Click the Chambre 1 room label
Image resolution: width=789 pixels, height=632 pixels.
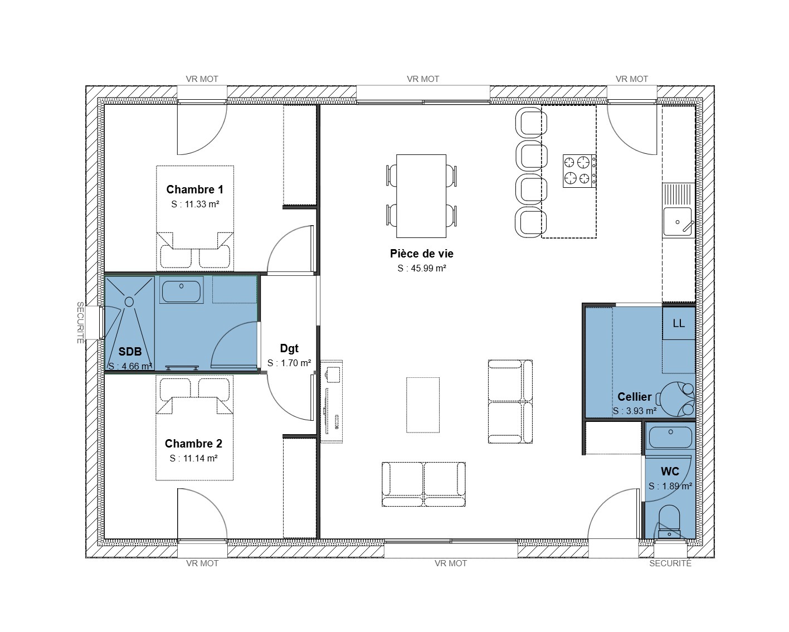pyautogui.click(x=194, y=189)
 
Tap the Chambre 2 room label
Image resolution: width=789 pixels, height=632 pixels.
pyautogui.click(x=193, y=444)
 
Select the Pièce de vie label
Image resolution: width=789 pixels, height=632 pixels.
pyautogui.click(x=422, y=254)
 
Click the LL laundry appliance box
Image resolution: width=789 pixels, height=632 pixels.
pyautogui.click(x=679, y=323)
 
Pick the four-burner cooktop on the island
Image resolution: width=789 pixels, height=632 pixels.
pyautogui.click(x=579, y=171)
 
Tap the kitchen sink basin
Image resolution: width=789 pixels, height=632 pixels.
pyautogui.click(x=678, y=222)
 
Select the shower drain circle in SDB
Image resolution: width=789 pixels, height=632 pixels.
pyautogui.click(x=129, y=302)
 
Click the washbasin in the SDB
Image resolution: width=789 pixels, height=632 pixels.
pyautogui.click(x=182, y=291)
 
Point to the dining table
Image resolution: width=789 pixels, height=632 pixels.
pyautogui.click(x=421, y=196)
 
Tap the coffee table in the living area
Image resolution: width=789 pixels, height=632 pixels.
pyautogui.click(x=423, y=405)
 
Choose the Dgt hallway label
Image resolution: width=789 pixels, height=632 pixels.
pyautogui.click(x=289, y=348)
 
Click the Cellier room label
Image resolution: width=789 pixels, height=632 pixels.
pyautogui.click(x=635, y=396)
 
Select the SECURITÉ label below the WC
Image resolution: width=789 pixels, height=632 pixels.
pyautogui.click(x=670, y=563)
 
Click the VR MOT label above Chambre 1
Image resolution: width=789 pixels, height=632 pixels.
pyautogui.click(x=202, y=79)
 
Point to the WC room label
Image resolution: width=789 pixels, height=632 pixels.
pyautogui.click(x=670, y=471)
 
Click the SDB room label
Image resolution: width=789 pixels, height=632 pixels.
pyautogui.click(x=130, y=352)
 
